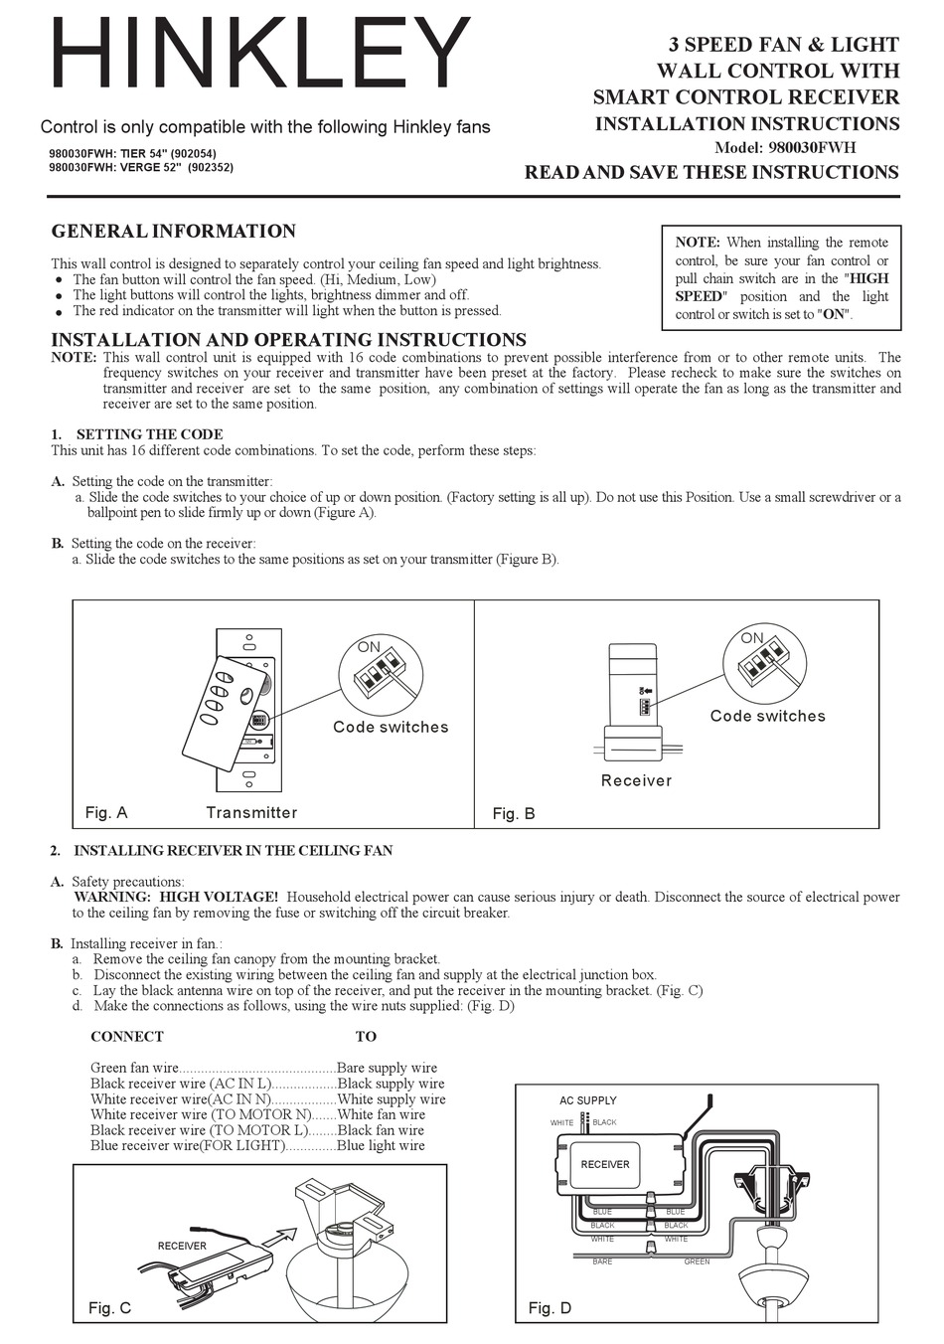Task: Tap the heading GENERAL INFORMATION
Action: point(173,232)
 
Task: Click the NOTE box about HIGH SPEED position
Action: point(781,278)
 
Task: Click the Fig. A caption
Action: point(106,812)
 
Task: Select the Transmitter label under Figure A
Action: point(251,812)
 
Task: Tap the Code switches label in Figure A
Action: point(391,727)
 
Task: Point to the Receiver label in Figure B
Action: point(636,780)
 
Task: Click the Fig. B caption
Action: point(514,813)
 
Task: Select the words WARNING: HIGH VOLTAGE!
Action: point(177,897)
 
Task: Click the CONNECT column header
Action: point(127,1036)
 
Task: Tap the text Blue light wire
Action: point(381,1145)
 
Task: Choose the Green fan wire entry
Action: point(134,1068)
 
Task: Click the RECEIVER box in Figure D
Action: point(604,1164)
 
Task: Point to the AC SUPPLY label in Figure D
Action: point(587,1100)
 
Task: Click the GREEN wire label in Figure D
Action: point(697,1261)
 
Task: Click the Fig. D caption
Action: point(550,1307)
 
